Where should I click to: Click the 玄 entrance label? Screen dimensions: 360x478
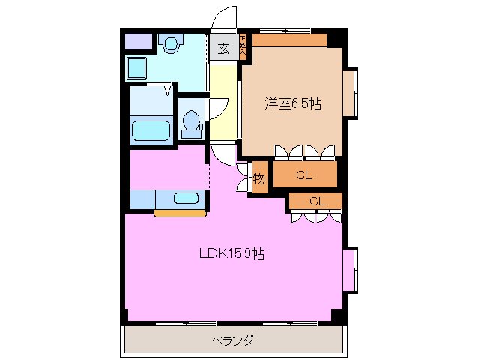click(223, 49)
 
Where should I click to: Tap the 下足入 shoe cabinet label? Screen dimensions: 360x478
click(243, 47)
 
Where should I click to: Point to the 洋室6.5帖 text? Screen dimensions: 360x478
click(292, 103)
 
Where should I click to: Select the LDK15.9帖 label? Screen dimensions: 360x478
click(232, 253)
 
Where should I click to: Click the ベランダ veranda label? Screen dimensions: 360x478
click(232, 341)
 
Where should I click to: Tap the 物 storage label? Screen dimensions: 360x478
click(258, 179)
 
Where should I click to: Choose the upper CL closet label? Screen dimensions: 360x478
click(303, 176)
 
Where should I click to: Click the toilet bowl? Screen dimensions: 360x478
click(192, 123)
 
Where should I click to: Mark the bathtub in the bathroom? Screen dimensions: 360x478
click(152, 130)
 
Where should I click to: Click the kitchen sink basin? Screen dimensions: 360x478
click(187, 199)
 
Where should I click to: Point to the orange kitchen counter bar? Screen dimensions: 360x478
click(180, 214)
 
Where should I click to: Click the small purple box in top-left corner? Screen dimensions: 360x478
click(137, 42)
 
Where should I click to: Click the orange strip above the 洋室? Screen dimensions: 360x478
click(289, 40)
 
